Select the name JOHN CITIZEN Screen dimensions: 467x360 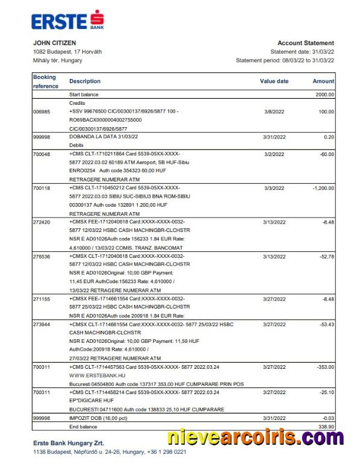tap(54, 43)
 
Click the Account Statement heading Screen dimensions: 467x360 tap(305, 43)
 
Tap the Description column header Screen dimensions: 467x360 tap(85, 81)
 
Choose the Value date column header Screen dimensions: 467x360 tap(274, 81)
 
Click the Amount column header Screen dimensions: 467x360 tap(323, 81)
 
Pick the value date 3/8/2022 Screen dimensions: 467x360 tap(274, 112)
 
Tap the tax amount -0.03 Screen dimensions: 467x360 tap(327, 417)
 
